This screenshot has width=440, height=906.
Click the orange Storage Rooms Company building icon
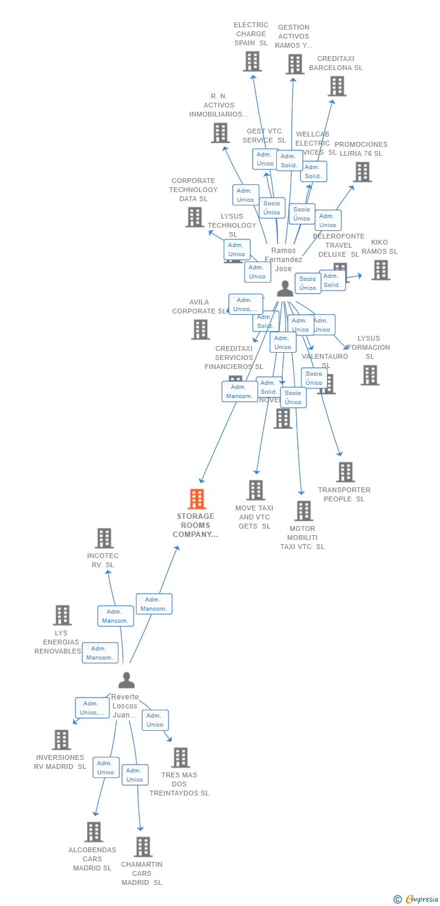click(x=196, y=499)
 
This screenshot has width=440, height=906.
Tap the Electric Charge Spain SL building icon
click(x=252, y=61)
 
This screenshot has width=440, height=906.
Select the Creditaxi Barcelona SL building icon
click(x=337, y=86)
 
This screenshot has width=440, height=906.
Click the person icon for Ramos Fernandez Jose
click(x=285, y=289)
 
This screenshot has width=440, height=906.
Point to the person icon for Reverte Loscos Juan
click(x=126, y=680)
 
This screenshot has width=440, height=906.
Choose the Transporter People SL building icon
click(x=345, y=472)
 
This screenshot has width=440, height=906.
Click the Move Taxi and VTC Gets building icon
click(x=256, y=490)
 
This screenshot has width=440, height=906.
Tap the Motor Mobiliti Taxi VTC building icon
click(x=303, y=510)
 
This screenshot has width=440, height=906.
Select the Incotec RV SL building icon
click(x=104, y=538)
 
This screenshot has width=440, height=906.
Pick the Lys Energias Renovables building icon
click(x=62, y=615)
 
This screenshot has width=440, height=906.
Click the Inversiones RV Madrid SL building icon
click(x=61, y=739)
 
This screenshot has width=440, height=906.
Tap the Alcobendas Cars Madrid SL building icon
click(x=93, y=832)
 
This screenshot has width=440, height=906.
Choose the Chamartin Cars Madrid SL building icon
click(x=143, y=846)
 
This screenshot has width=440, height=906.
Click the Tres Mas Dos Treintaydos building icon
click(x=180, y=757)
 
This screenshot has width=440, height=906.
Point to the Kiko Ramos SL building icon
click(x=380, y=270)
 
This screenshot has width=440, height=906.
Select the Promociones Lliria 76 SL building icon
click(x=362, y=172)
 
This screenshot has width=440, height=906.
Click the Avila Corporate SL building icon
click(x=200, y=329)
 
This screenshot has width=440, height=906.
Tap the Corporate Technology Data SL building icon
click(x=194, y=217)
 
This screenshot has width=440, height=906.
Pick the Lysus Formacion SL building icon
click(x=369, y=375)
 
